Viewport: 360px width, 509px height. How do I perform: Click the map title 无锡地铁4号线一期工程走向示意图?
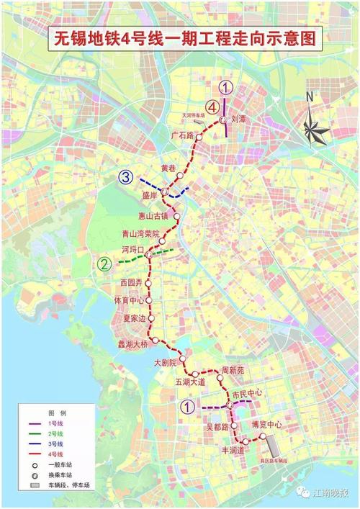click(184, 38)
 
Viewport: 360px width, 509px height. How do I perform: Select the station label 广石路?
click(183, 135)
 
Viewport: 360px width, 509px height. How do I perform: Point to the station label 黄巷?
click(168, 168)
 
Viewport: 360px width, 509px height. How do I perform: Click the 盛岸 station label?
click(149, 195)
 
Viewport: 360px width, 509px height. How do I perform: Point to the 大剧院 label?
click(166, 364)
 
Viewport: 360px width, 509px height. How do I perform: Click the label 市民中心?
click(247, 394)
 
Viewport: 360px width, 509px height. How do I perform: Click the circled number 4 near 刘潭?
click(212, 105)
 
